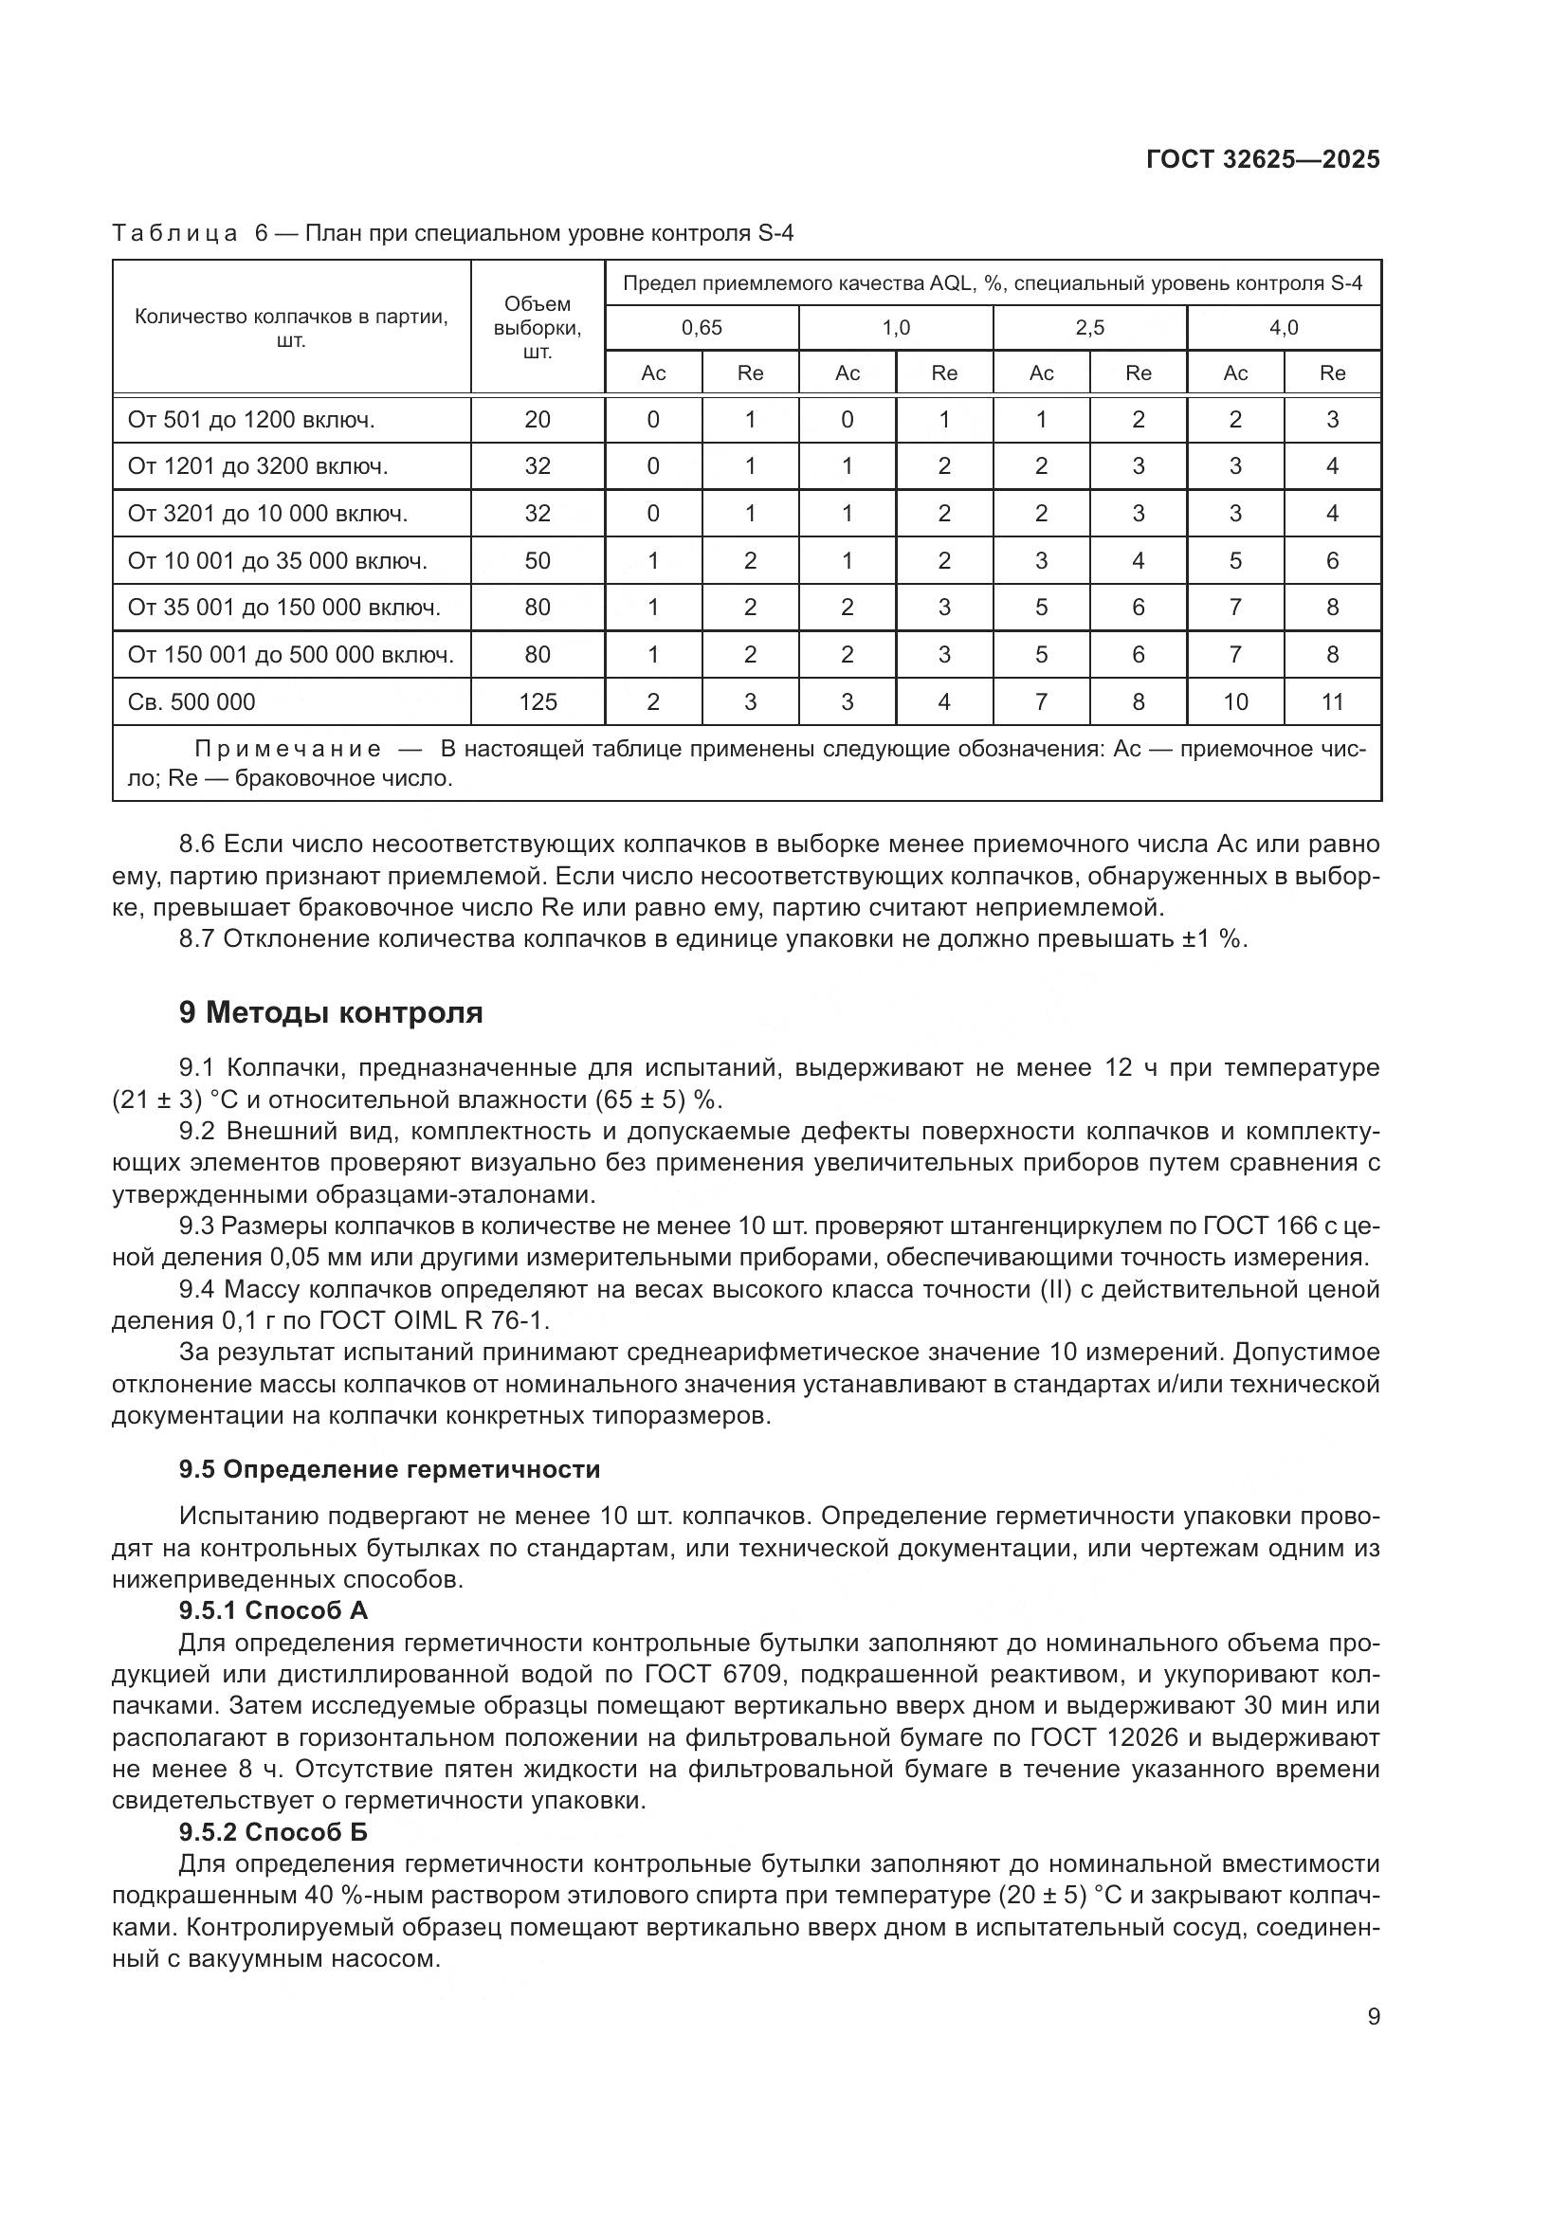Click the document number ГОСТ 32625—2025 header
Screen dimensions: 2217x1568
(x=1263, y=159)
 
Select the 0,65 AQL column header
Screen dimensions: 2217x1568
(x=702, y=327)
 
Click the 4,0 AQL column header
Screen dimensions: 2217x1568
(x=1284, y=327)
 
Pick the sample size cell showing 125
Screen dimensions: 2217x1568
(x=538, y=702)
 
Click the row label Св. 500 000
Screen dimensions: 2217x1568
(x=192, y=702)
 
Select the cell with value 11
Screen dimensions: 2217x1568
(x=1332, y=702)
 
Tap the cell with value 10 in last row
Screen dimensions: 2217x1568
(x=1236, y=702)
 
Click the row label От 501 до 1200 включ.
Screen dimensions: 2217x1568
(x=251, y=419)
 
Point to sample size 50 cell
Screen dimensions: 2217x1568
(x=538, y=561)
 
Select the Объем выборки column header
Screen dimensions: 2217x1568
(x=538, y=327)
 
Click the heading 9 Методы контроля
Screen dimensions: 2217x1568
(x=331, y=1013)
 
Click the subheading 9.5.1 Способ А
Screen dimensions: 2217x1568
(x=273, y=1609)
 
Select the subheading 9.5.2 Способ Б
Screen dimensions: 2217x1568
(x=273, y=1831)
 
